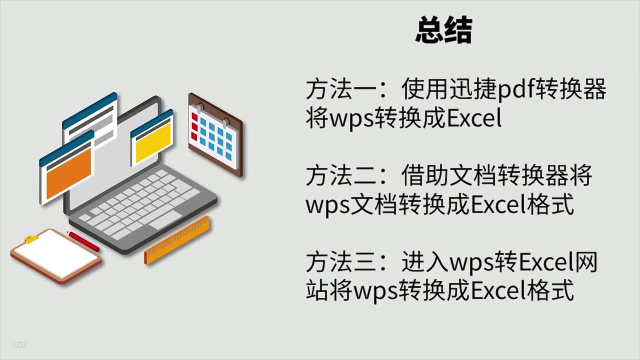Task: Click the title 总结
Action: pos(443,29)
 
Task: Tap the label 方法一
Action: pos(341,88)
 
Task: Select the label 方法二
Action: pos(341,175)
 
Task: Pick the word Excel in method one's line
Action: pos(474,117)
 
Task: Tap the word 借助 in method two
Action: pos(425,175)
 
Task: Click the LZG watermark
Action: pos(19,345)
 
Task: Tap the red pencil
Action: pos(83,241)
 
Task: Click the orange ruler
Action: pos(177,240)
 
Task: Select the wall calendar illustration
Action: pos(215,135)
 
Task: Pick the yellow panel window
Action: pos(152,137)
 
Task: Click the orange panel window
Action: pos(67,168)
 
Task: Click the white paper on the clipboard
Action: pos(56,255)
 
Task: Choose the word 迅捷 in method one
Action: pos(473,88)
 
